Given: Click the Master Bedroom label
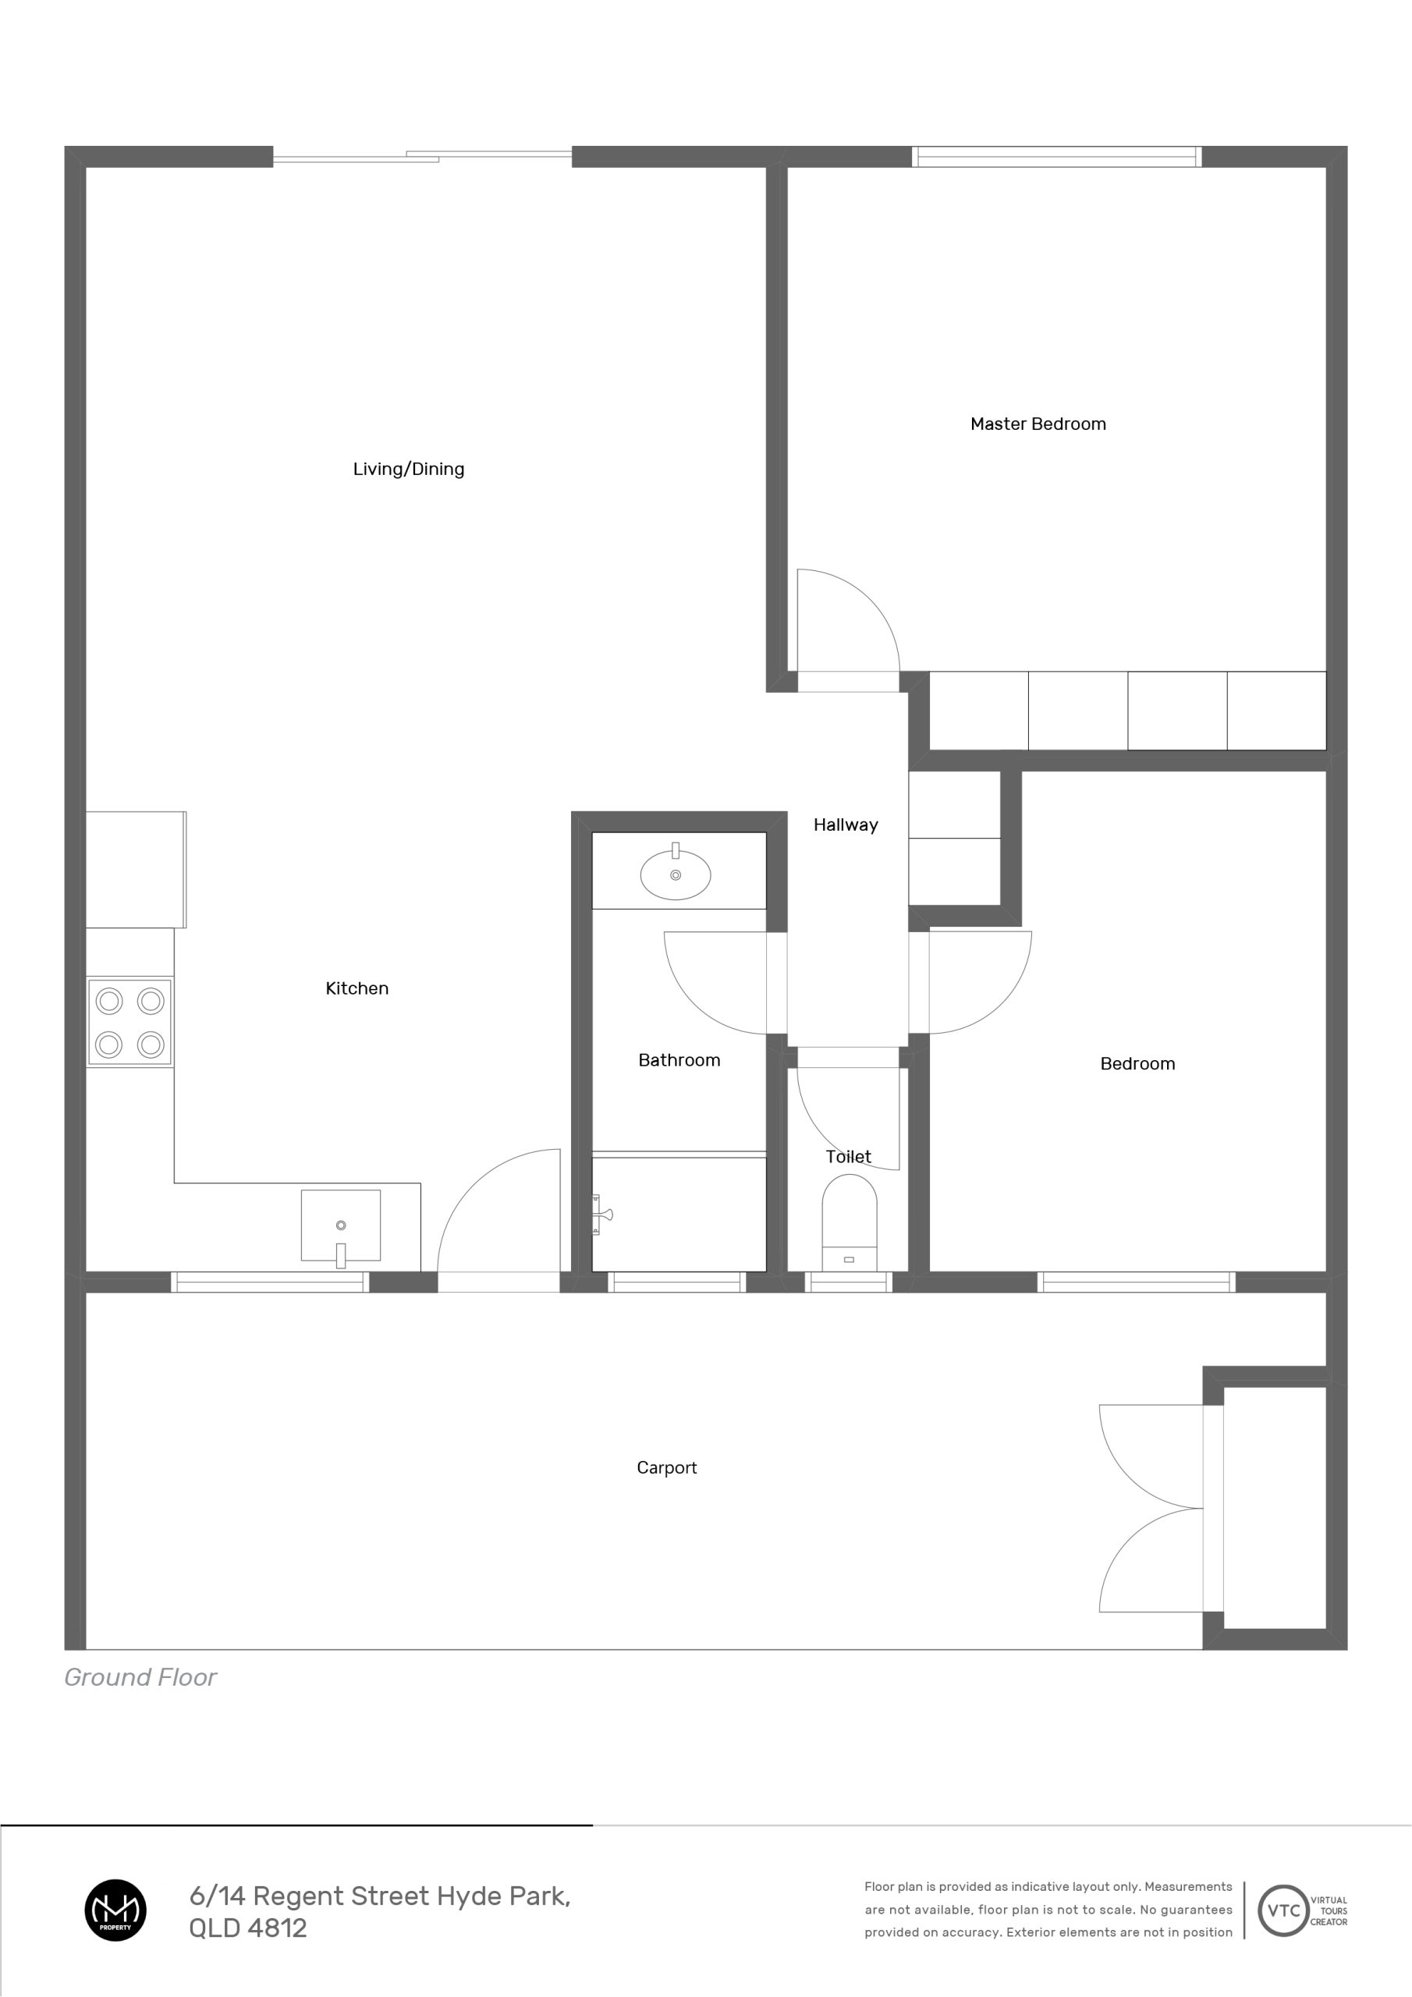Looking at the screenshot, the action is [x=1038, y=424].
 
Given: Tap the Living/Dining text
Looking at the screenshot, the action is [x=408, y=469].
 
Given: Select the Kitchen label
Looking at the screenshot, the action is [x=357, y=988].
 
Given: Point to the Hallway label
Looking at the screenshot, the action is [x=846, y=825].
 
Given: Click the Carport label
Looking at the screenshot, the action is [x=666, y=1467].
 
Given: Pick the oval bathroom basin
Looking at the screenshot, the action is [x=675, y=874].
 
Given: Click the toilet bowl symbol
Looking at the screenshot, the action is [x=849, y=1222].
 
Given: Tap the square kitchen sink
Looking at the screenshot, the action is [x=340, y=1225].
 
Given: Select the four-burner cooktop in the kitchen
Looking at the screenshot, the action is [x=129, y=1022].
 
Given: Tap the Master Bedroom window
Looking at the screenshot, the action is [x=1056, y=157].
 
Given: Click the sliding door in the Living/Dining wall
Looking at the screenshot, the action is [x=423, y=158].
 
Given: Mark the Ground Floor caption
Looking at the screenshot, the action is [x=140, y=1677].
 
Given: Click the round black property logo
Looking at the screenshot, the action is [x=115, y=1910].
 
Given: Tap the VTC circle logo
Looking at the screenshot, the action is [x=1284, y=1910].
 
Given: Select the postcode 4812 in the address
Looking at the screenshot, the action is [x=278, y=1928].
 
